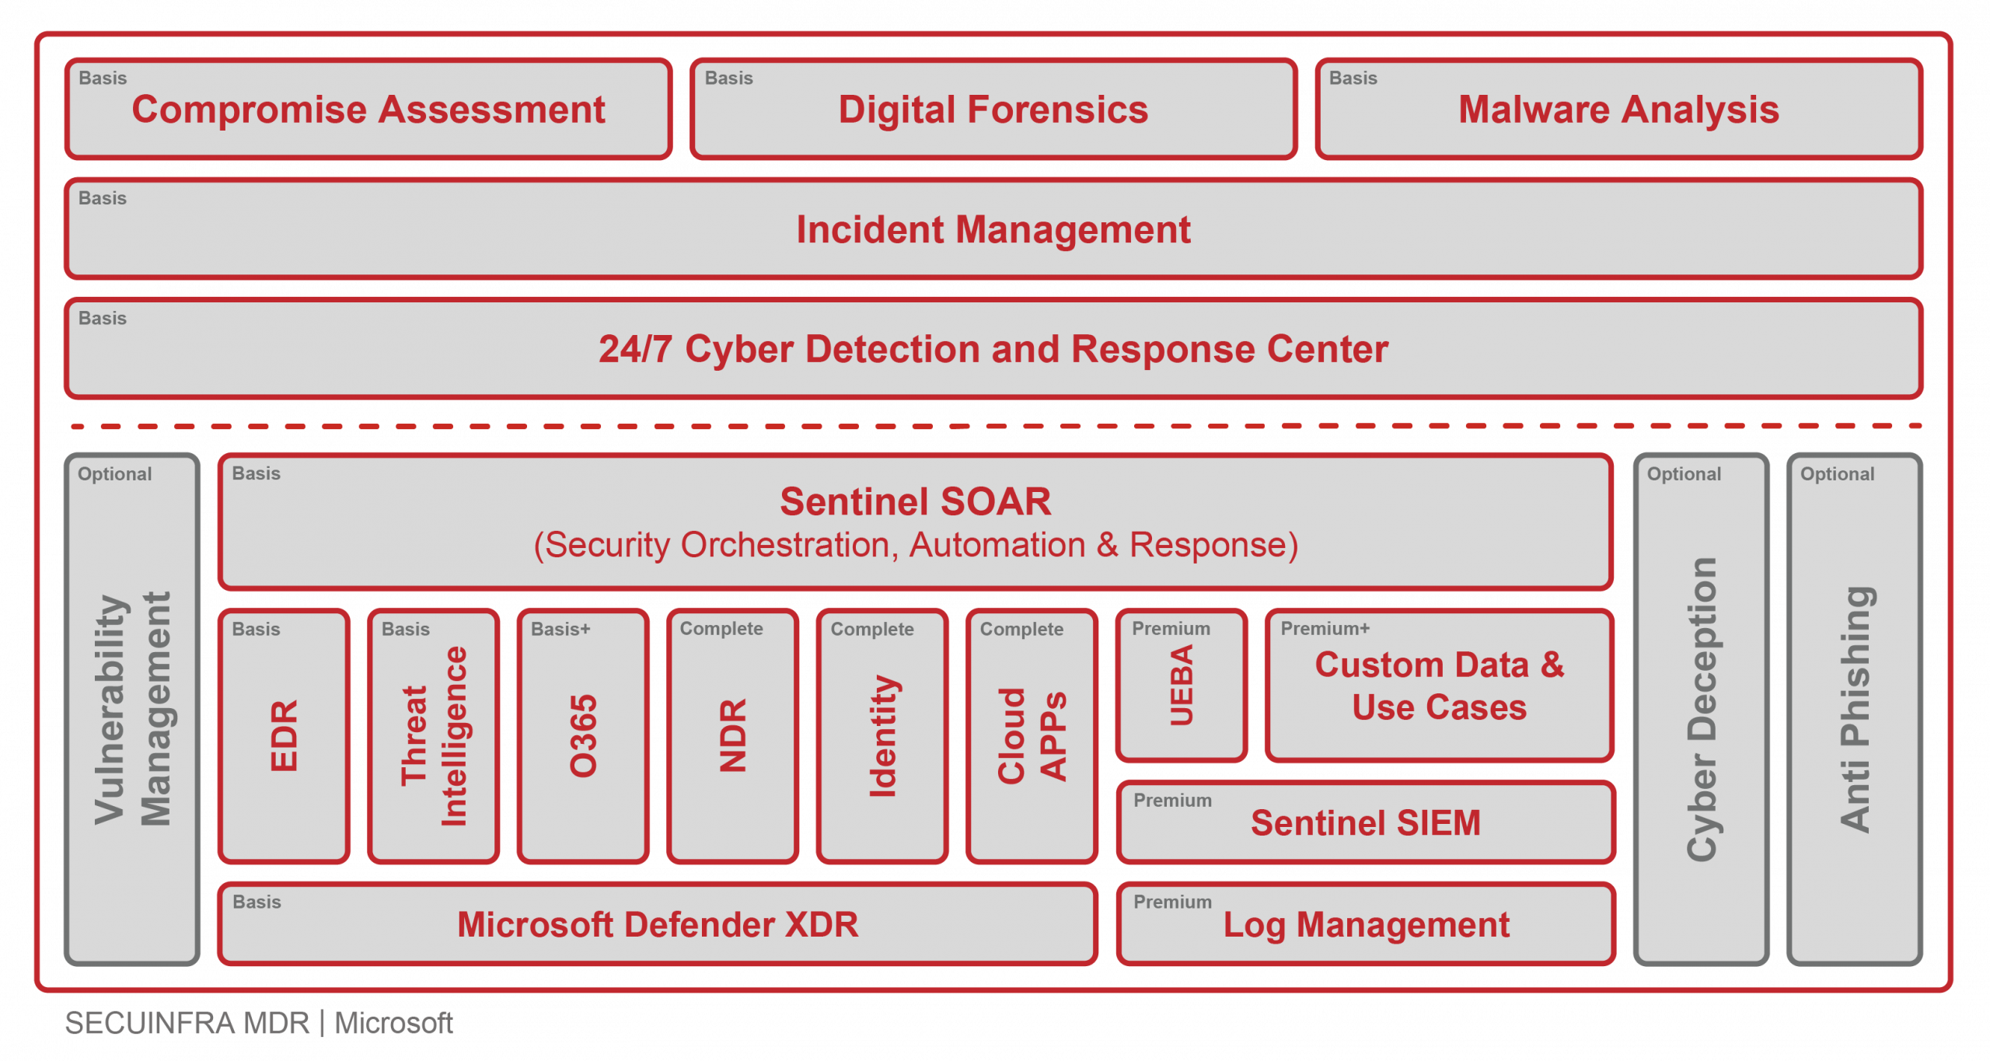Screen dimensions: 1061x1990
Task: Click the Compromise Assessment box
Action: [368, 110]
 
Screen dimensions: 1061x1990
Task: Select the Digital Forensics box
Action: [993, 110]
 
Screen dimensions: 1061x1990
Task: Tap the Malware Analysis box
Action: [1618, 110]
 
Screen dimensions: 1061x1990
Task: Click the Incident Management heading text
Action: [993, 230]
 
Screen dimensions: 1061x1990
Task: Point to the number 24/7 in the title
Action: [634, 350]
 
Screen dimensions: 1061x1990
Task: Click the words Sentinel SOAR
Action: [915, 502]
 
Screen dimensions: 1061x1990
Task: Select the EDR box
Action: [284, 735]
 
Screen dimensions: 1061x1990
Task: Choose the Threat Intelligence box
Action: [433, 735]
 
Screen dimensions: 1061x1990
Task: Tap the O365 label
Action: [583, 736]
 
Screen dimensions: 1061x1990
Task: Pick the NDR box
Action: [732, 735]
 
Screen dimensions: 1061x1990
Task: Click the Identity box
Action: [882, 735]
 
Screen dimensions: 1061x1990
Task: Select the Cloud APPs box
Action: [1032, 735]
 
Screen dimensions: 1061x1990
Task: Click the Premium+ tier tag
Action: [1325, 629]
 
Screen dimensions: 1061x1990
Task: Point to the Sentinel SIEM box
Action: [1365, 822]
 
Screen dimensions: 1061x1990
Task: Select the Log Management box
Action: [1366, 925]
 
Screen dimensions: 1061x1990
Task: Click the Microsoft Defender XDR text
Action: [658, 925]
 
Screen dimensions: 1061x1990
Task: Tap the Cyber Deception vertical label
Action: [1702, 709]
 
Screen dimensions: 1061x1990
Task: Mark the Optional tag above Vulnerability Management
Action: [114, 474]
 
